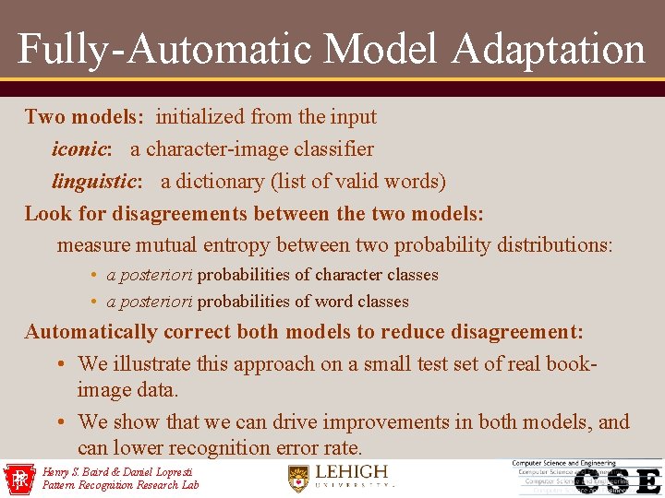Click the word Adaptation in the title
[x=549, y=48]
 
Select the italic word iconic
[x=81, y=148]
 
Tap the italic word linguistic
[x=95, y=181]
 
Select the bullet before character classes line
[x=95, y=275]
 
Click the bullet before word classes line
[x=95, y=302]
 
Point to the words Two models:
[x=84, y=116]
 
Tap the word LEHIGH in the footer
[x=352, y=472]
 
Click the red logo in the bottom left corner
[x=18, y=479]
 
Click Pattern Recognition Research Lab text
[x=120, y=484]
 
